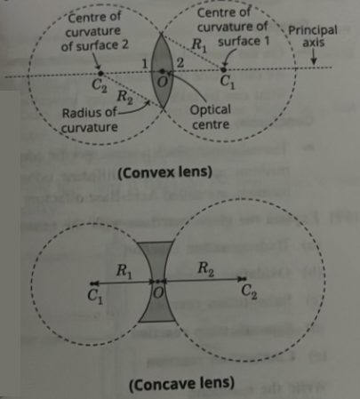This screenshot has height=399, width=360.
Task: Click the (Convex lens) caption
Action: pos(164,172)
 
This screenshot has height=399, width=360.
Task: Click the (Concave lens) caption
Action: pos(181,384)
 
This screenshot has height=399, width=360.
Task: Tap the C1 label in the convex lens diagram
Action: pos(228,82)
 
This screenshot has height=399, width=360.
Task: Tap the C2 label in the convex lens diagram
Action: pos(100,85)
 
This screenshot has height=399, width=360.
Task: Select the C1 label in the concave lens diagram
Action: pos(95,296)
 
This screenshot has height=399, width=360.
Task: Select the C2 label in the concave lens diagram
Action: pos(249,291)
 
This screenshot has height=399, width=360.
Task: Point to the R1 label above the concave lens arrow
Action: pos(124,271)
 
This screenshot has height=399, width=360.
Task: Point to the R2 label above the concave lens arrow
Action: pos(205,269)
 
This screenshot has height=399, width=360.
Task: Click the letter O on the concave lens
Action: pos(158,292)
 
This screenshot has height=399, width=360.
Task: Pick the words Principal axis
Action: pos(313,36)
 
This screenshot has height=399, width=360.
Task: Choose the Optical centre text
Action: pos(211,117)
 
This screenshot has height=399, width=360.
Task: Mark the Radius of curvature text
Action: pos(90,120)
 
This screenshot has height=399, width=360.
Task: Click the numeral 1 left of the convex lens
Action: pos(145,63)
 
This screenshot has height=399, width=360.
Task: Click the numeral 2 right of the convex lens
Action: pos(180,63)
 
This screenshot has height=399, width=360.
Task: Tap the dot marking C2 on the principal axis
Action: pos(100,73)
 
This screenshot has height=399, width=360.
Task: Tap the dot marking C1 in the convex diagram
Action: pos(224,69)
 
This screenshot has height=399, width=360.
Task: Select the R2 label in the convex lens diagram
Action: pos(124,97)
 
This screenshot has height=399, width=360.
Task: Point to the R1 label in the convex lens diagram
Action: pos(198,45)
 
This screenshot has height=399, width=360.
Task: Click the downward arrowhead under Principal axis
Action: pos(314,61)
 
